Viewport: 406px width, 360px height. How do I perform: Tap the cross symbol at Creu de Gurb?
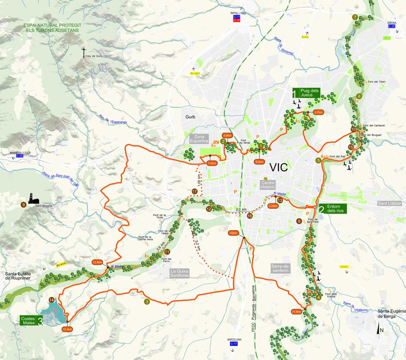[x=83, y=52]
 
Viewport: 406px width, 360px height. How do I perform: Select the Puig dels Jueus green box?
[x=307, y=94]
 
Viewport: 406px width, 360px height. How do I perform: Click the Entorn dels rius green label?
[x=332, y=209]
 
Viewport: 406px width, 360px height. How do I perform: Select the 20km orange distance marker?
[x=233, y=232]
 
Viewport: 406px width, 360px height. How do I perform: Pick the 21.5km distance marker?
[x=296, y=311]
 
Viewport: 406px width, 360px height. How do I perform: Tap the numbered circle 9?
[x=23, y=205]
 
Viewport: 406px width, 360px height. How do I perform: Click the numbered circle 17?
[x=195, y=191]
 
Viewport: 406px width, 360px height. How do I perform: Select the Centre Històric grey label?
[x=269, y=186]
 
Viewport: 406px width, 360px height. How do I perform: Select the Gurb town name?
[x=190, y=117]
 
